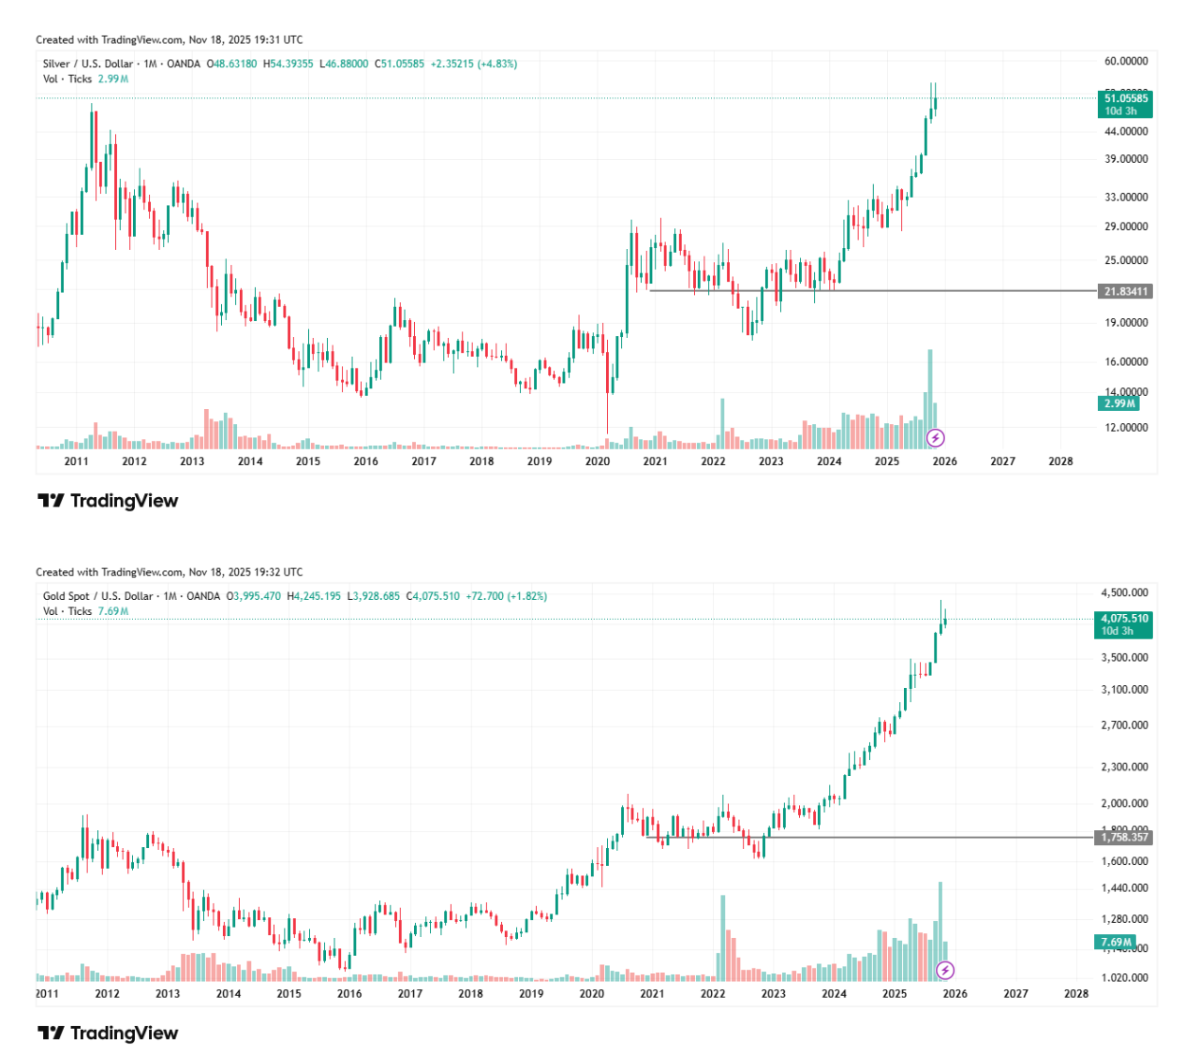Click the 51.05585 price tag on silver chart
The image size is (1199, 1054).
click(1124, 98)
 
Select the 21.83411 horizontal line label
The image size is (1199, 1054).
click(1124, 291)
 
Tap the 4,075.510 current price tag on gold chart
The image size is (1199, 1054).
click(1124, 619)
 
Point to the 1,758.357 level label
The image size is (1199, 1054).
click(1124, 838)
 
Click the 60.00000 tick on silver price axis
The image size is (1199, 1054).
click(1125, 61)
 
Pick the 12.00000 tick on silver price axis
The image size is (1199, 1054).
click(1125, 428)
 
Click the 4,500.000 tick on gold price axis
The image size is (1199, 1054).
click(1125, 593)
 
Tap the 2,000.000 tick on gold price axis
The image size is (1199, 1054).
click(1125, 803)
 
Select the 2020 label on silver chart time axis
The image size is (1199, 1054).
click(597, 461)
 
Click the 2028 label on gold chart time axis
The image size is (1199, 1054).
click(1076, 994)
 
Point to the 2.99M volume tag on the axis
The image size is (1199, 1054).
click(1119, 403)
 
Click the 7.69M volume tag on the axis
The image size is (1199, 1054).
click(1117, 943)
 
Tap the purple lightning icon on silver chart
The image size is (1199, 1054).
click(935, 438)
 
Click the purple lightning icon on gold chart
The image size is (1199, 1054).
click(945, 971)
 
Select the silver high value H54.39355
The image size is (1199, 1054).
click(288, 64)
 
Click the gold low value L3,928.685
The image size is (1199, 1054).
click(373, 596)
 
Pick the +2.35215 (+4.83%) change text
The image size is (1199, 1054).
click(473, 64)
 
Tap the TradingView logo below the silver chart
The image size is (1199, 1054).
click(108, 501)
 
